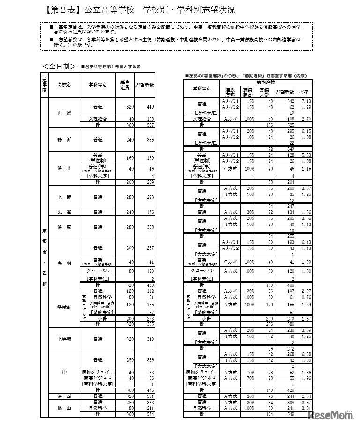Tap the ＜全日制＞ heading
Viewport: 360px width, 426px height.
pos(59,66)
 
